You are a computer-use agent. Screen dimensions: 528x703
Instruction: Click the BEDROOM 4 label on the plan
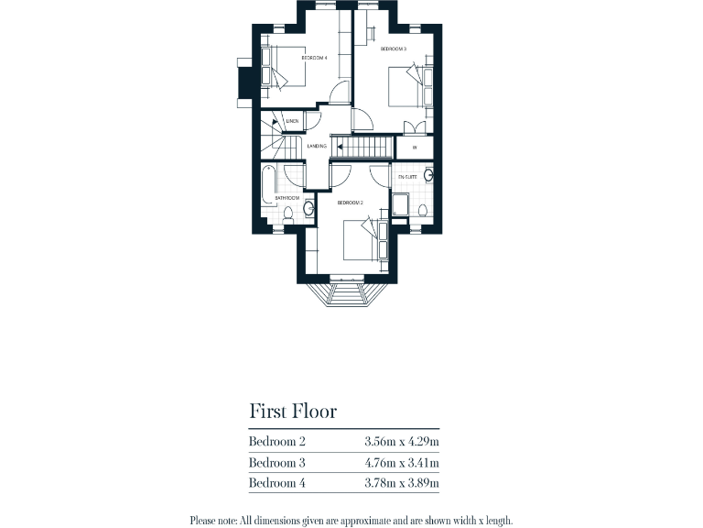click(x=314, y=58)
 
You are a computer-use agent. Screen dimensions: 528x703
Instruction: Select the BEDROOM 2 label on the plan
click(x=351, y=202)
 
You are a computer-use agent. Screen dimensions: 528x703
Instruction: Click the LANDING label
click(x=318, y=147)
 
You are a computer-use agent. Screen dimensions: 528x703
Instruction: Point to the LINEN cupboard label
click(x=292, y=121)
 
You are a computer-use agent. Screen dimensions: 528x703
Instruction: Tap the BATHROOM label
click(x=287, y=198)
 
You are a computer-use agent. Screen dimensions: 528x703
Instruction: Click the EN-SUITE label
click(x=407, y=176)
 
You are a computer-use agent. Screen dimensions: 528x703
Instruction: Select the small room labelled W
click(x=415, y=147)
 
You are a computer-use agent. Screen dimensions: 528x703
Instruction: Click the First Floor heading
click(x=292, y=411)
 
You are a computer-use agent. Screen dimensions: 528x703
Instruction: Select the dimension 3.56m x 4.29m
click(x=401, y=442)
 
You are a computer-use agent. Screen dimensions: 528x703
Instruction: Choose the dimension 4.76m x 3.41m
click(x=401, y=463)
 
